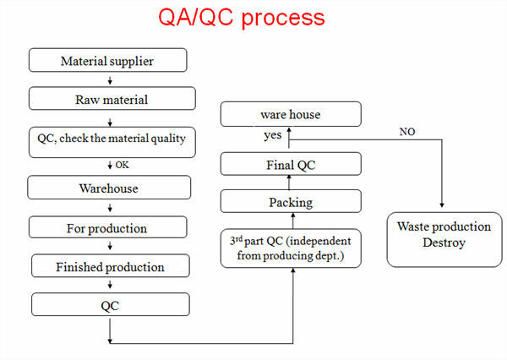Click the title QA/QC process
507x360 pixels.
(242, 19)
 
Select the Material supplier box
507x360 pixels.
(107, 61)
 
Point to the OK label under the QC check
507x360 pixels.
(122, 164)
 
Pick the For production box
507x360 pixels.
(106, 228)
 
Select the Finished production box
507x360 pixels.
(110, 267)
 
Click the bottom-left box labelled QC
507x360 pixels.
(110, 305)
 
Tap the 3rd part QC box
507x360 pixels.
(291, 248)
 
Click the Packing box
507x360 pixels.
(291, 202)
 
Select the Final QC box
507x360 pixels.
(291, 164)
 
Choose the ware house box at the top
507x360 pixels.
(291, 114)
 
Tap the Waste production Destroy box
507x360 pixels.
(443, 235)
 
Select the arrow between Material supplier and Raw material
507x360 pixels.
(110, 80)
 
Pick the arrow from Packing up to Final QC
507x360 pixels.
(291, 183)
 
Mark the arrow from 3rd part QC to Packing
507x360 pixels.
(291, 222)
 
